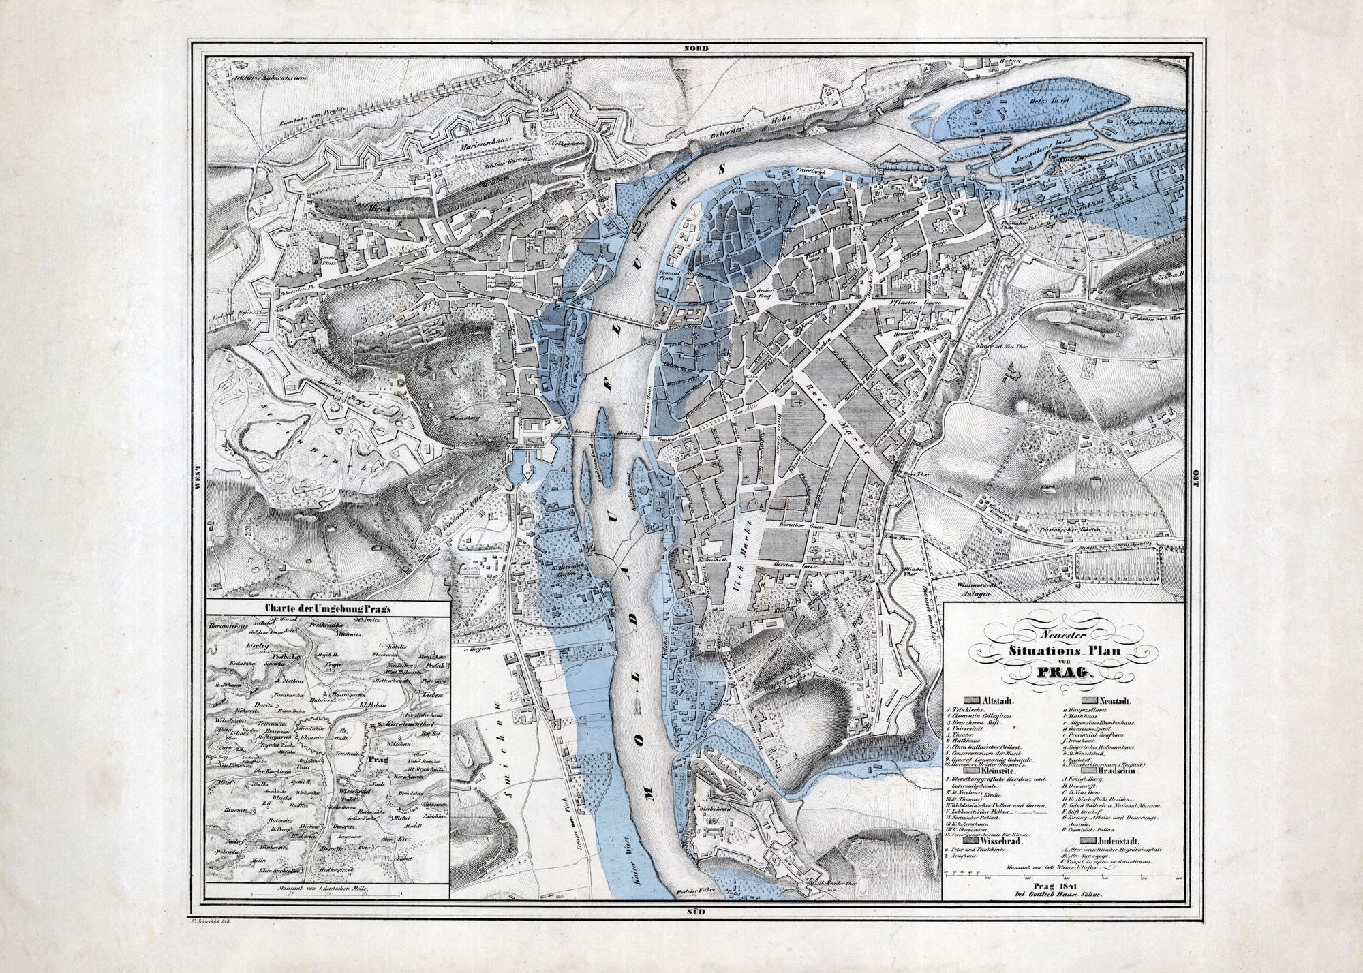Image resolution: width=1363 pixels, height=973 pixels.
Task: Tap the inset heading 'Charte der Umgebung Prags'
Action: [329, 608]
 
